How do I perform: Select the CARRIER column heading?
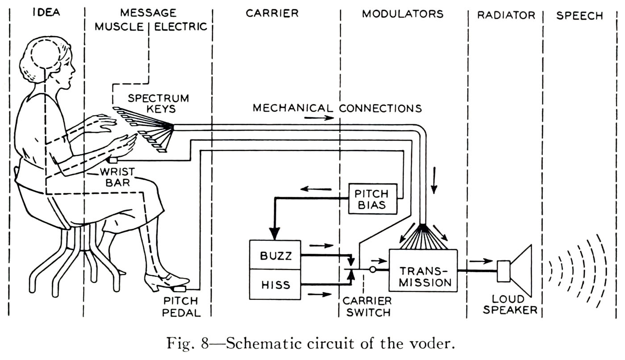click(272, 13)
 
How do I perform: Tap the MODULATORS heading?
click(402, 14)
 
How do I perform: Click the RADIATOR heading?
click(506, 15)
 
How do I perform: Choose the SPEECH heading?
click(580, 15)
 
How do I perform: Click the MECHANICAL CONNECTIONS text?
click(337, 108)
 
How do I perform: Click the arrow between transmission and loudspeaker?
click(480, 261)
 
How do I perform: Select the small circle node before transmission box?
click(371, 270)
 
